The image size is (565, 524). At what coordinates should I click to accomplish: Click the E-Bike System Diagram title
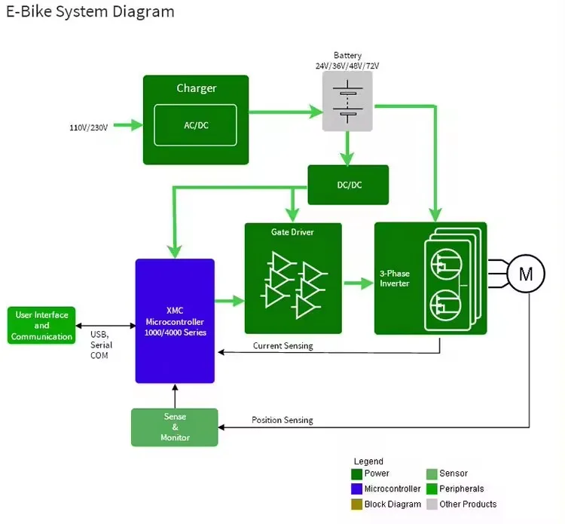tap(90, 12)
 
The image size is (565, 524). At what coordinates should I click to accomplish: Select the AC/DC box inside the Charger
tap(196, 125)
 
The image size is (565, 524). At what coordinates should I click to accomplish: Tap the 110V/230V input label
tap(89, 127)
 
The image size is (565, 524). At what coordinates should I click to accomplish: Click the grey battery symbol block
tap(347, 106)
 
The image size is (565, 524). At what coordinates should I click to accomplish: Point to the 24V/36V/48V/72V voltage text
tap(347, 66)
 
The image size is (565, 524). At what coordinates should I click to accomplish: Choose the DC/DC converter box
tap(348, 185)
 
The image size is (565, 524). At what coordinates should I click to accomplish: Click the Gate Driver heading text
tap(292, 232)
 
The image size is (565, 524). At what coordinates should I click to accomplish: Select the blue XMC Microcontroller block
tap(175, 321)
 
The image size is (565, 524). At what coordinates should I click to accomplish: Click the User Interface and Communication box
tap(41, 326)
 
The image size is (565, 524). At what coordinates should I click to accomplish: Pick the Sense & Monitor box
tap(175, 427)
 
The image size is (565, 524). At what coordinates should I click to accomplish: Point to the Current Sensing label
tap(283, 346)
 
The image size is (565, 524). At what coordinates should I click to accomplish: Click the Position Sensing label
tap(282, 420)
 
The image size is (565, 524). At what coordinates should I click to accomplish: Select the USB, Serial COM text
tap(100, 345)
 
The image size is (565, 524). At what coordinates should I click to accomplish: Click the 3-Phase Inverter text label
tap(394, 278)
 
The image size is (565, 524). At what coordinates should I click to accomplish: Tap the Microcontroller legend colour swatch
tap(356, 489)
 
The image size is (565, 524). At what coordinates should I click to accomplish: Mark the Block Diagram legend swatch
tap(356, 504)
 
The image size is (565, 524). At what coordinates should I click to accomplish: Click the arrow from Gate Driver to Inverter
tap(358, 283)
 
